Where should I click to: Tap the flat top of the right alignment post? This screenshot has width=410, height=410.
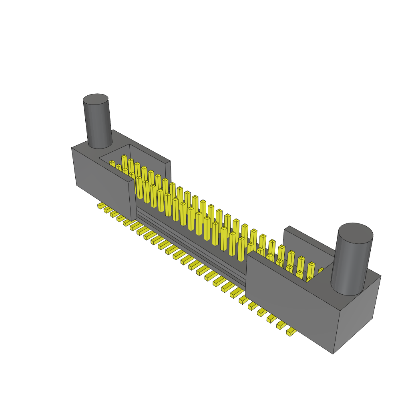tap(356, 233)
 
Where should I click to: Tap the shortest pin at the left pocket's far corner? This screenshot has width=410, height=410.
tap(113, 163)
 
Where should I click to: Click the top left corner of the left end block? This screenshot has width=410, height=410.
tap(72, 148)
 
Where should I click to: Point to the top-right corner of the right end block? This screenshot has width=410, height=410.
tap(380, 276)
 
